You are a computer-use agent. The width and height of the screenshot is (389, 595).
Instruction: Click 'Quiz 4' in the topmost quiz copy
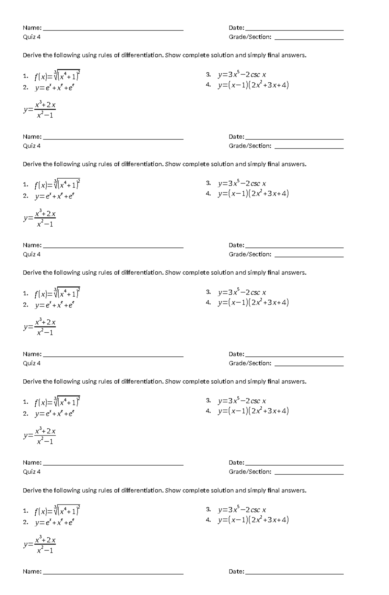point(31,37)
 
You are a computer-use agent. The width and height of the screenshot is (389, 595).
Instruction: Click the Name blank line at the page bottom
point(113,574)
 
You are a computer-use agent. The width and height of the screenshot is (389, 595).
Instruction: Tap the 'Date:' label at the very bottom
point(236,572)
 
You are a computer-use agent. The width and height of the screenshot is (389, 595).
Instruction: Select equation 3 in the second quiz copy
point(242,184)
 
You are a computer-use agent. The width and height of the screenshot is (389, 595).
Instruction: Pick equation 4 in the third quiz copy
point(253,303)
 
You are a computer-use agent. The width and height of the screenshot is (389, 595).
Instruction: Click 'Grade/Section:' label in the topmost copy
point(250,37)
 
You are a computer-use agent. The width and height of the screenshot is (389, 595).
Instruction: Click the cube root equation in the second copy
point(57,184)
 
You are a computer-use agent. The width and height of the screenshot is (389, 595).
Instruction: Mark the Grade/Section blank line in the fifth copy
point(309,474)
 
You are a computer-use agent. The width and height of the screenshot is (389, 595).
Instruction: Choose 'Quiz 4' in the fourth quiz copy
point(31,363)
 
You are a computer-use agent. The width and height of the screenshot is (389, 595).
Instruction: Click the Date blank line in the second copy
point(294,139)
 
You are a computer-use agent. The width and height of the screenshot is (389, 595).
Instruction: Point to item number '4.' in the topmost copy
point(208,85)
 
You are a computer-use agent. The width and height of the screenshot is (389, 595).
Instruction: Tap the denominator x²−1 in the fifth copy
point(45,550)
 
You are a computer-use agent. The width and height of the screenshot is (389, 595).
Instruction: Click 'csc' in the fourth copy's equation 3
point(255,401)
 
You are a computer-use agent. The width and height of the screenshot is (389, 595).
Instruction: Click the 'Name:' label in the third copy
point(32,245)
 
